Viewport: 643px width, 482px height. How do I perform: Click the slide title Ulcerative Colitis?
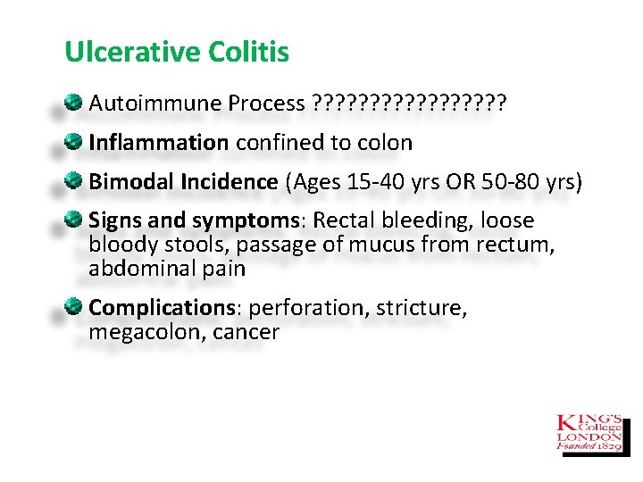pyautogui.click(x=177, y=52)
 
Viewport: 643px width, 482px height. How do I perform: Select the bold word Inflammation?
pyautogui.click(x=158, y=143)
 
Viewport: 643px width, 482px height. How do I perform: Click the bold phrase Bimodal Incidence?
pyautogui.click(x=183, y=182)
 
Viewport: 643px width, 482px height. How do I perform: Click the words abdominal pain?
pyautogui.click(x=167, y=268)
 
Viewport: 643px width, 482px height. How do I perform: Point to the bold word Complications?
pyautogui.click(x=162, y=308)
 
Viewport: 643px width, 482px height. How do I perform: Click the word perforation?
pyautogui.click(x=309, y=308)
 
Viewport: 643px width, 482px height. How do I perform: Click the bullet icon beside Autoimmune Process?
pyautogui.click(x=76, y=103)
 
